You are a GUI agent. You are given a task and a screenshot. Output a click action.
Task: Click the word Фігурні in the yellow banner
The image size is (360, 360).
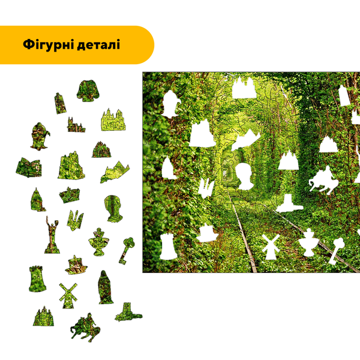pyautogui.click(x=48, y=44)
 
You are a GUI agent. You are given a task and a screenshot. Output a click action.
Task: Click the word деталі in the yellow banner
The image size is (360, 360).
pyautogui.click(x=98, y=44)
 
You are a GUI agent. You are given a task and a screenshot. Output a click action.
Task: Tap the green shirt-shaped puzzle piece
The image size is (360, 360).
pyautogui.click(x=88, y=91)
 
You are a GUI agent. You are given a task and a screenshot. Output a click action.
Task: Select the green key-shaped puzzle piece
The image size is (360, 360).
pyautogui.click(x=127, y=251)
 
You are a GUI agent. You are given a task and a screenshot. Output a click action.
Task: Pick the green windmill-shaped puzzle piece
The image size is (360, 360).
pyautogui.click(x=68, y=296)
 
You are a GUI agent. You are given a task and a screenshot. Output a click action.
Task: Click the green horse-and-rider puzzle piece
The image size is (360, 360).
pyautogui.click(x=85, y=327)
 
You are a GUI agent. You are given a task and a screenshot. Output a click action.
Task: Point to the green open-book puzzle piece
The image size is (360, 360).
pyautogui.click(x=29, y=167)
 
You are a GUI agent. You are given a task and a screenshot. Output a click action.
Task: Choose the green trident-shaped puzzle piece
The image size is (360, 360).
pyautogui.click(x=75, y=220)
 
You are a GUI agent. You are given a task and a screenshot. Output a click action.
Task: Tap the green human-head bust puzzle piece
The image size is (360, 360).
pyautogui.click(x=113, y=208)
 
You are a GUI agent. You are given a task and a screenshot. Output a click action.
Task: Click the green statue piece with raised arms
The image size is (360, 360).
pyautogui.click(x=52, y=235)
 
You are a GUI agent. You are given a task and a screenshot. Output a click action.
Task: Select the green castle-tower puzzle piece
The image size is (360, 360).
pyautogui.click(x=37, y=279)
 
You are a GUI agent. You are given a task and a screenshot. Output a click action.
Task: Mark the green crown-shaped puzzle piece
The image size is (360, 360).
pyautogui.click(x=70, y=195)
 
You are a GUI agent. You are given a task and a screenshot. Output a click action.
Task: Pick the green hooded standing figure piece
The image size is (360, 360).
pyautogui.click(x=106, y=287)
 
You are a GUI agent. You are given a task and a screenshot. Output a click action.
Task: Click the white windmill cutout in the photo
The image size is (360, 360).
pyautogui.click(x=271, y=247)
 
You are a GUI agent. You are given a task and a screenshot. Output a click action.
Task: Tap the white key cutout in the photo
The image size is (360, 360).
pyautogui.click(x=336, y=251)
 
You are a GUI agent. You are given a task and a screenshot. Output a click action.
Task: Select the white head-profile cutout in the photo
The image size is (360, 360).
pyautogui.click(x=244, y=176)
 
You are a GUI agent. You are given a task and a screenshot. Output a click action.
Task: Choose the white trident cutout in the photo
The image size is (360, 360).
pyautogui.click(x=206, y=188)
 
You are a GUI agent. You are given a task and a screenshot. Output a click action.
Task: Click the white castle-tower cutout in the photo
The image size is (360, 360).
pyautogui.click(x=168, y=247)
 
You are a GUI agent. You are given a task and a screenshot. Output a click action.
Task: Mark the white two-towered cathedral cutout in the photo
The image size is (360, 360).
pyautogui.click(x=244, y=88)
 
